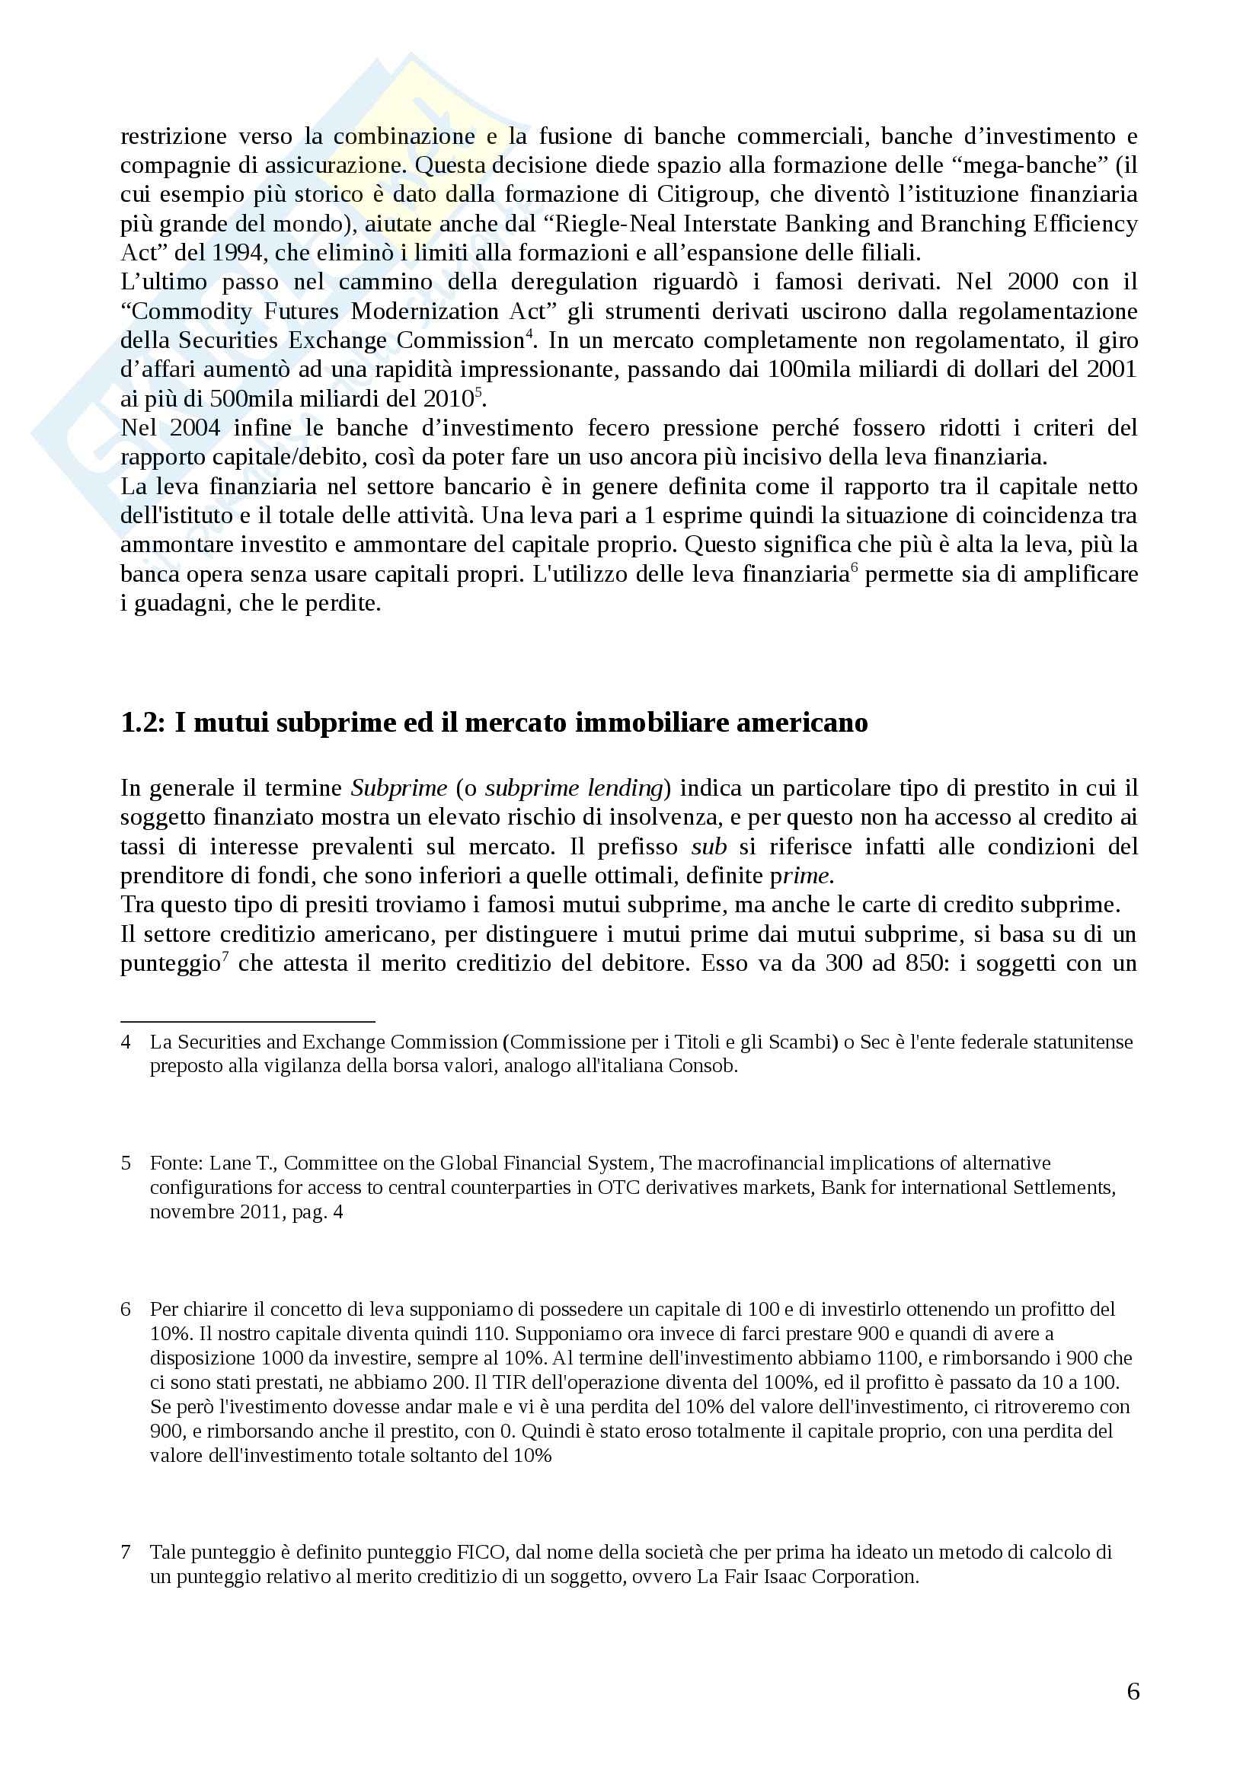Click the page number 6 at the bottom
tap(1133, 1691)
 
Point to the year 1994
tap(219, 253)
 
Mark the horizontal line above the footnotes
tap(248, 1022)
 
